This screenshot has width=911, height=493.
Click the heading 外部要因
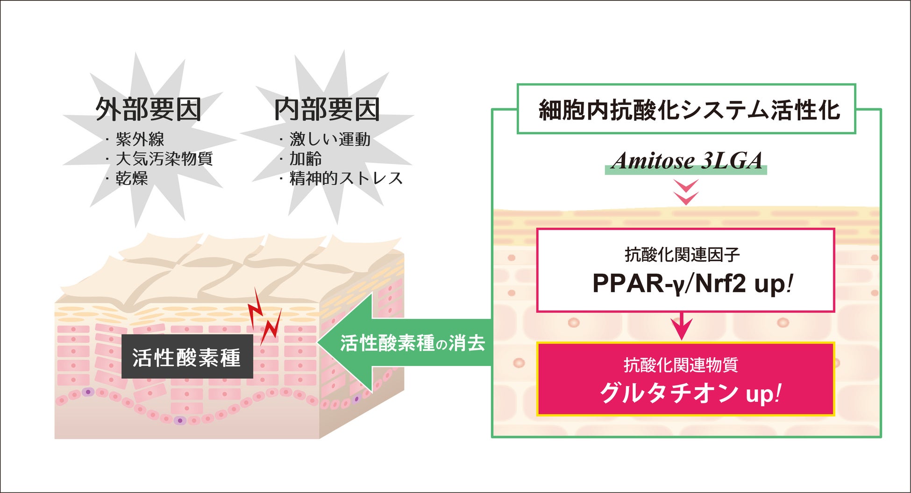pyautogui.click(x=148, y=110)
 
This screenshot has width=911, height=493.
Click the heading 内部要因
pyautogui.click(x=327, y=110)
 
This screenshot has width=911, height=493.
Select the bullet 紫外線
pyautogui.click(x=140, y=139)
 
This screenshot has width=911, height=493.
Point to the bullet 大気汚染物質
pyautogui.click(x=164, y=159)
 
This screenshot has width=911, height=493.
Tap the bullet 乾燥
pyautogui.click(x=132, y=178)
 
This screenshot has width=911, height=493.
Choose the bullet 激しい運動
pyautogui.click(x=330, y=139)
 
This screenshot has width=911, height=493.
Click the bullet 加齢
pyautogui.click(x=306, y=159)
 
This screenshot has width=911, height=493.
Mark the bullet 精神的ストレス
pyautogui.click(x=346, y=178)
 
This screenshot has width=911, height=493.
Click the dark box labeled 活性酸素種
pyautogui.click(x=187, y=357)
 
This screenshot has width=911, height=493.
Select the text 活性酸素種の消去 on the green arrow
pyautogui.click(x=413, y=344)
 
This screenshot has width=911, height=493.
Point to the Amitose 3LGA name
pyautogui.click(x=687, y=161)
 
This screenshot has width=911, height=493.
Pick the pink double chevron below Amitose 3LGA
pyautogui.click(x=686, y=192)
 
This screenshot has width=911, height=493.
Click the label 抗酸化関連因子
pyautogui.click(x=682, y=254)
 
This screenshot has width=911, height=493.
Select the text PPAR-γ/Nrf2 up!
pyautogui.click(x=691, y=283)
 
